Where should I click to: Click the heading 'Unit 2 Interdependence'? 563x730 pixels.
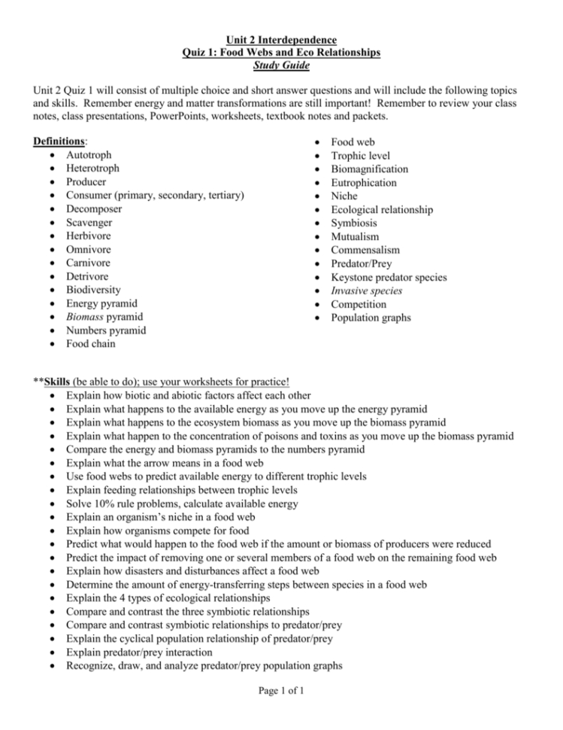pyautogui.click(x=282, y=39)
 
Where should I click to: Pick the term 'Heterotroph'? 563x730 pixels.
pyautogui.click(x=92, y=169)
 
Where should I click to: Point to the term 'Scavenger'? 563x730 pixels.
pyautogui.click(x=89, y=223)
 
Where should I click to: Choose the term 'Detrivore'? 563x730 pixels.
pyautogui.click(x=89, y=277)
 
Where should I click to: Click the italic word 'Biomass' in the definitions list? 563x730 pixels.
pyautogui.click(x=86, y=318)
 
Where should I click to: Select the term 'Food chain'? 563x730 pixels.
pyautogui.click(x=92, y=345)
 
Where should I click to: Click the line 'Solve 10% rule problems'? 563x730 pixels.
pyautogui.click(x=181, y=503)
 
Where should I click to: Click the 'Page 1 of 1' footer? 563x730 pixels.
pyautogui.click(x=282, y=693)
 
